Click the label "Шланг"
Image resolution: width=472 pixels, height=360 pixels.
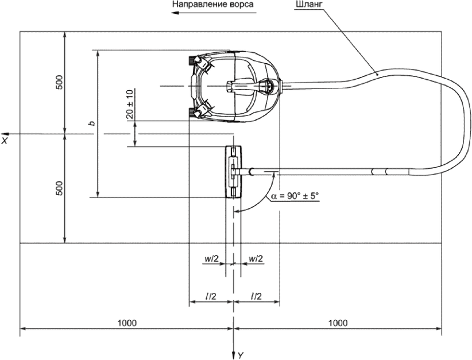click(x=305, y=5)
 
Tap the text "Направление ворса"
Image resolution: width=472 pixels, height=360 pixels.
click(x=212, y=4)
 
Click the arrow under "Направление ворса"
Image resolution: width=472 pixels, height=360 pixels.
click(x=214, y=13)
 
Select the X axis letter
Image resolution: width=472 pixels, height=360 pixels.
click(x=5, y=140)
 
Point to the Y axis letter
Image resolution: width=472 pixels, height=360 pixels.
click(x=240, y=355)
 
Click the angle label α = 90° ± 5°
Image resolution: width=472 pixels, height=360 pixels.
click(x=295, y=196)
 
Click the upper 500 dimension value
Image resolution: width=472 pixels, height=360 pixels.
click(x=60, y=82)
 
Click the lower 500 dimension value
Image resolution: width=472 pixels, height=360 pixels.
click(x=60, y=188)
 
